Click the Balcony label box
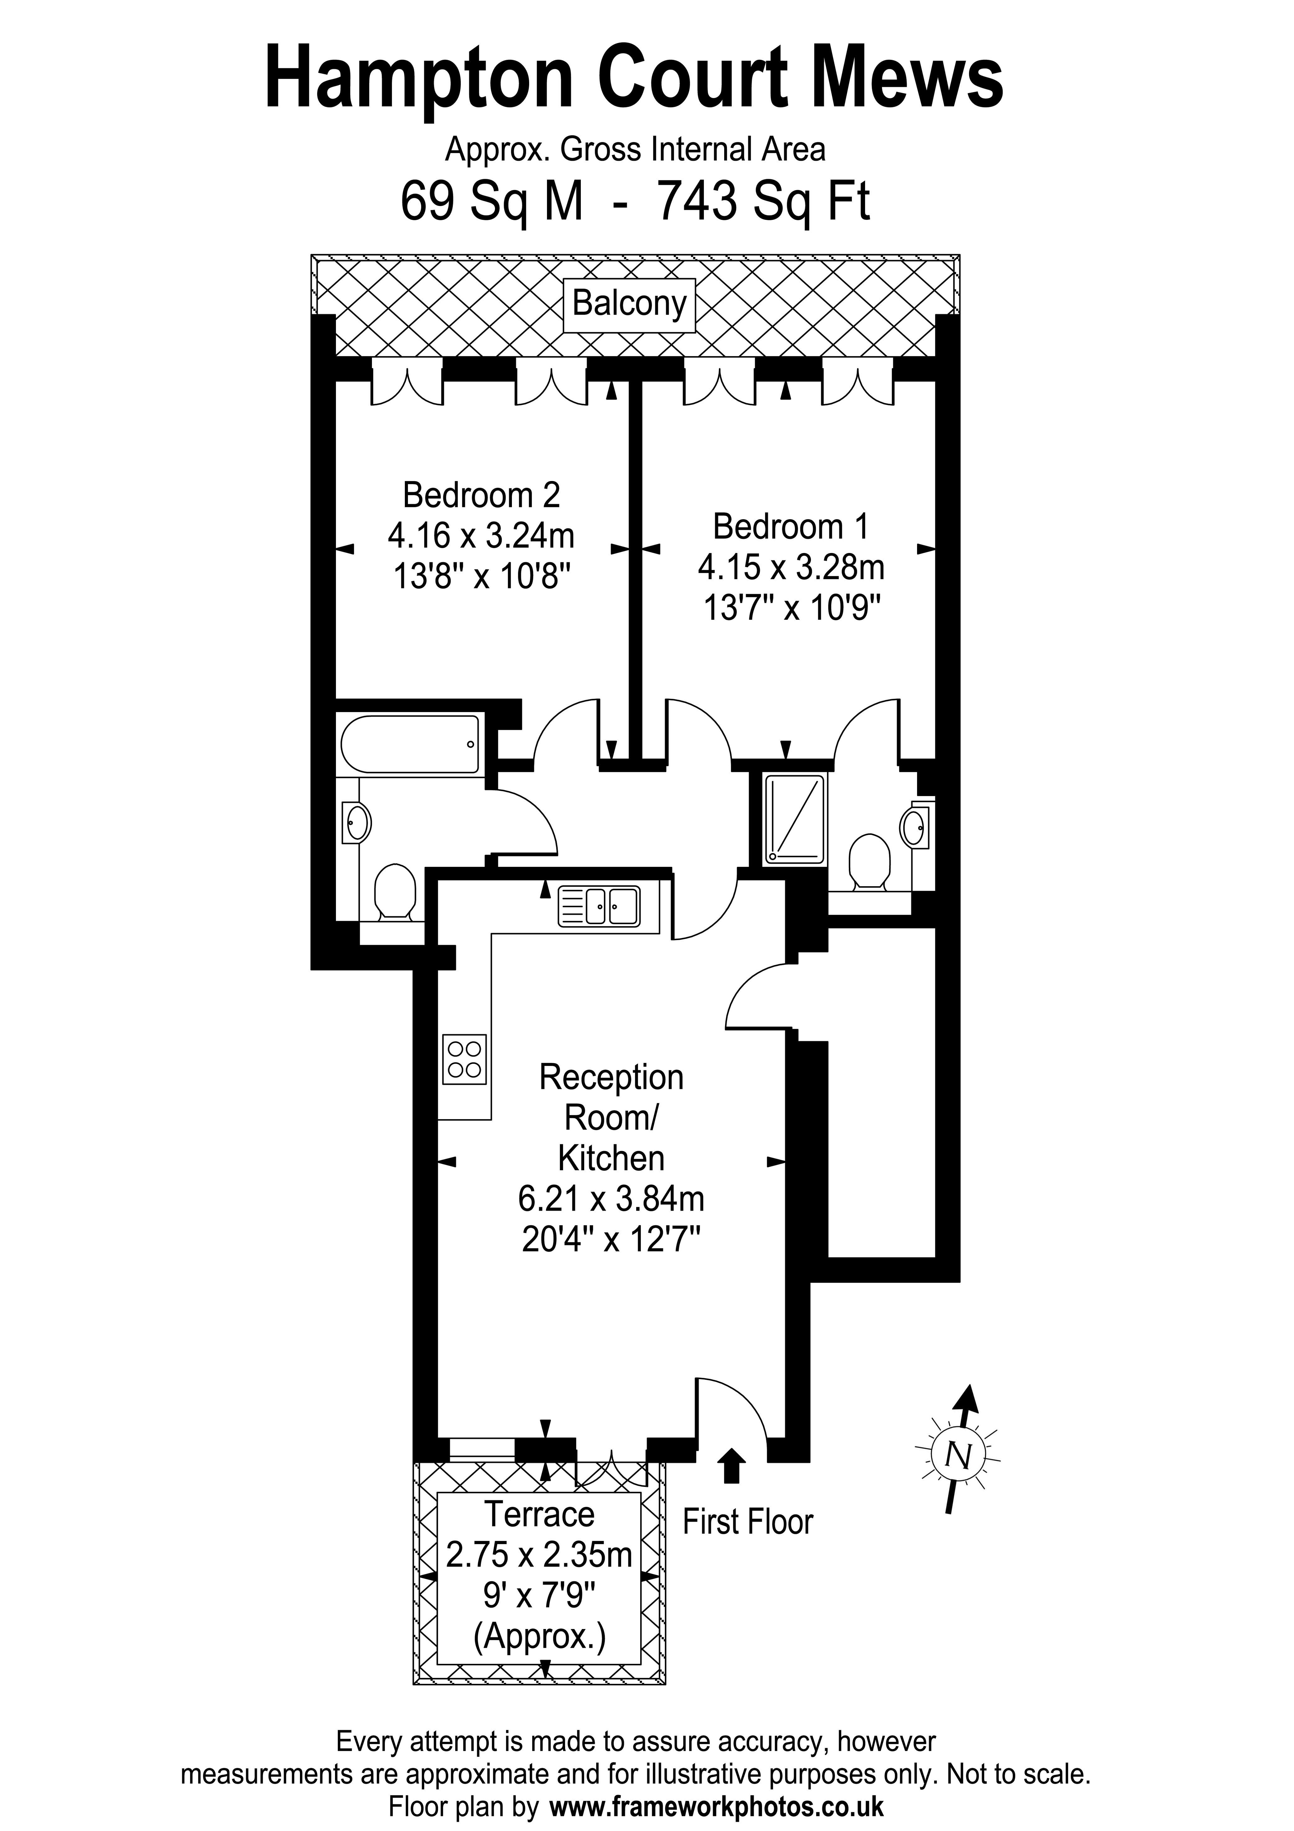pyautogui.click(x=629, y=304)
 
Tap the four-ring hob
pyautogui.click(x=464, y=1060)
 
